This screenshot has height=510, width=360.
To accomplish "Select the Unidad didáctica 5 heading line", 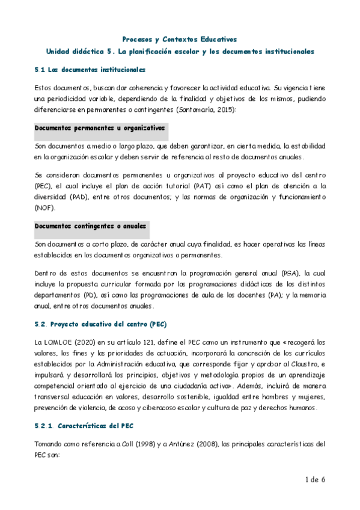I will pos(180,52).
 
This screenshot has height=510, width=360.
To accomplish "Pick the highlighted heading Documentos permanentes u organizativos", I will pos(99,128).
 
